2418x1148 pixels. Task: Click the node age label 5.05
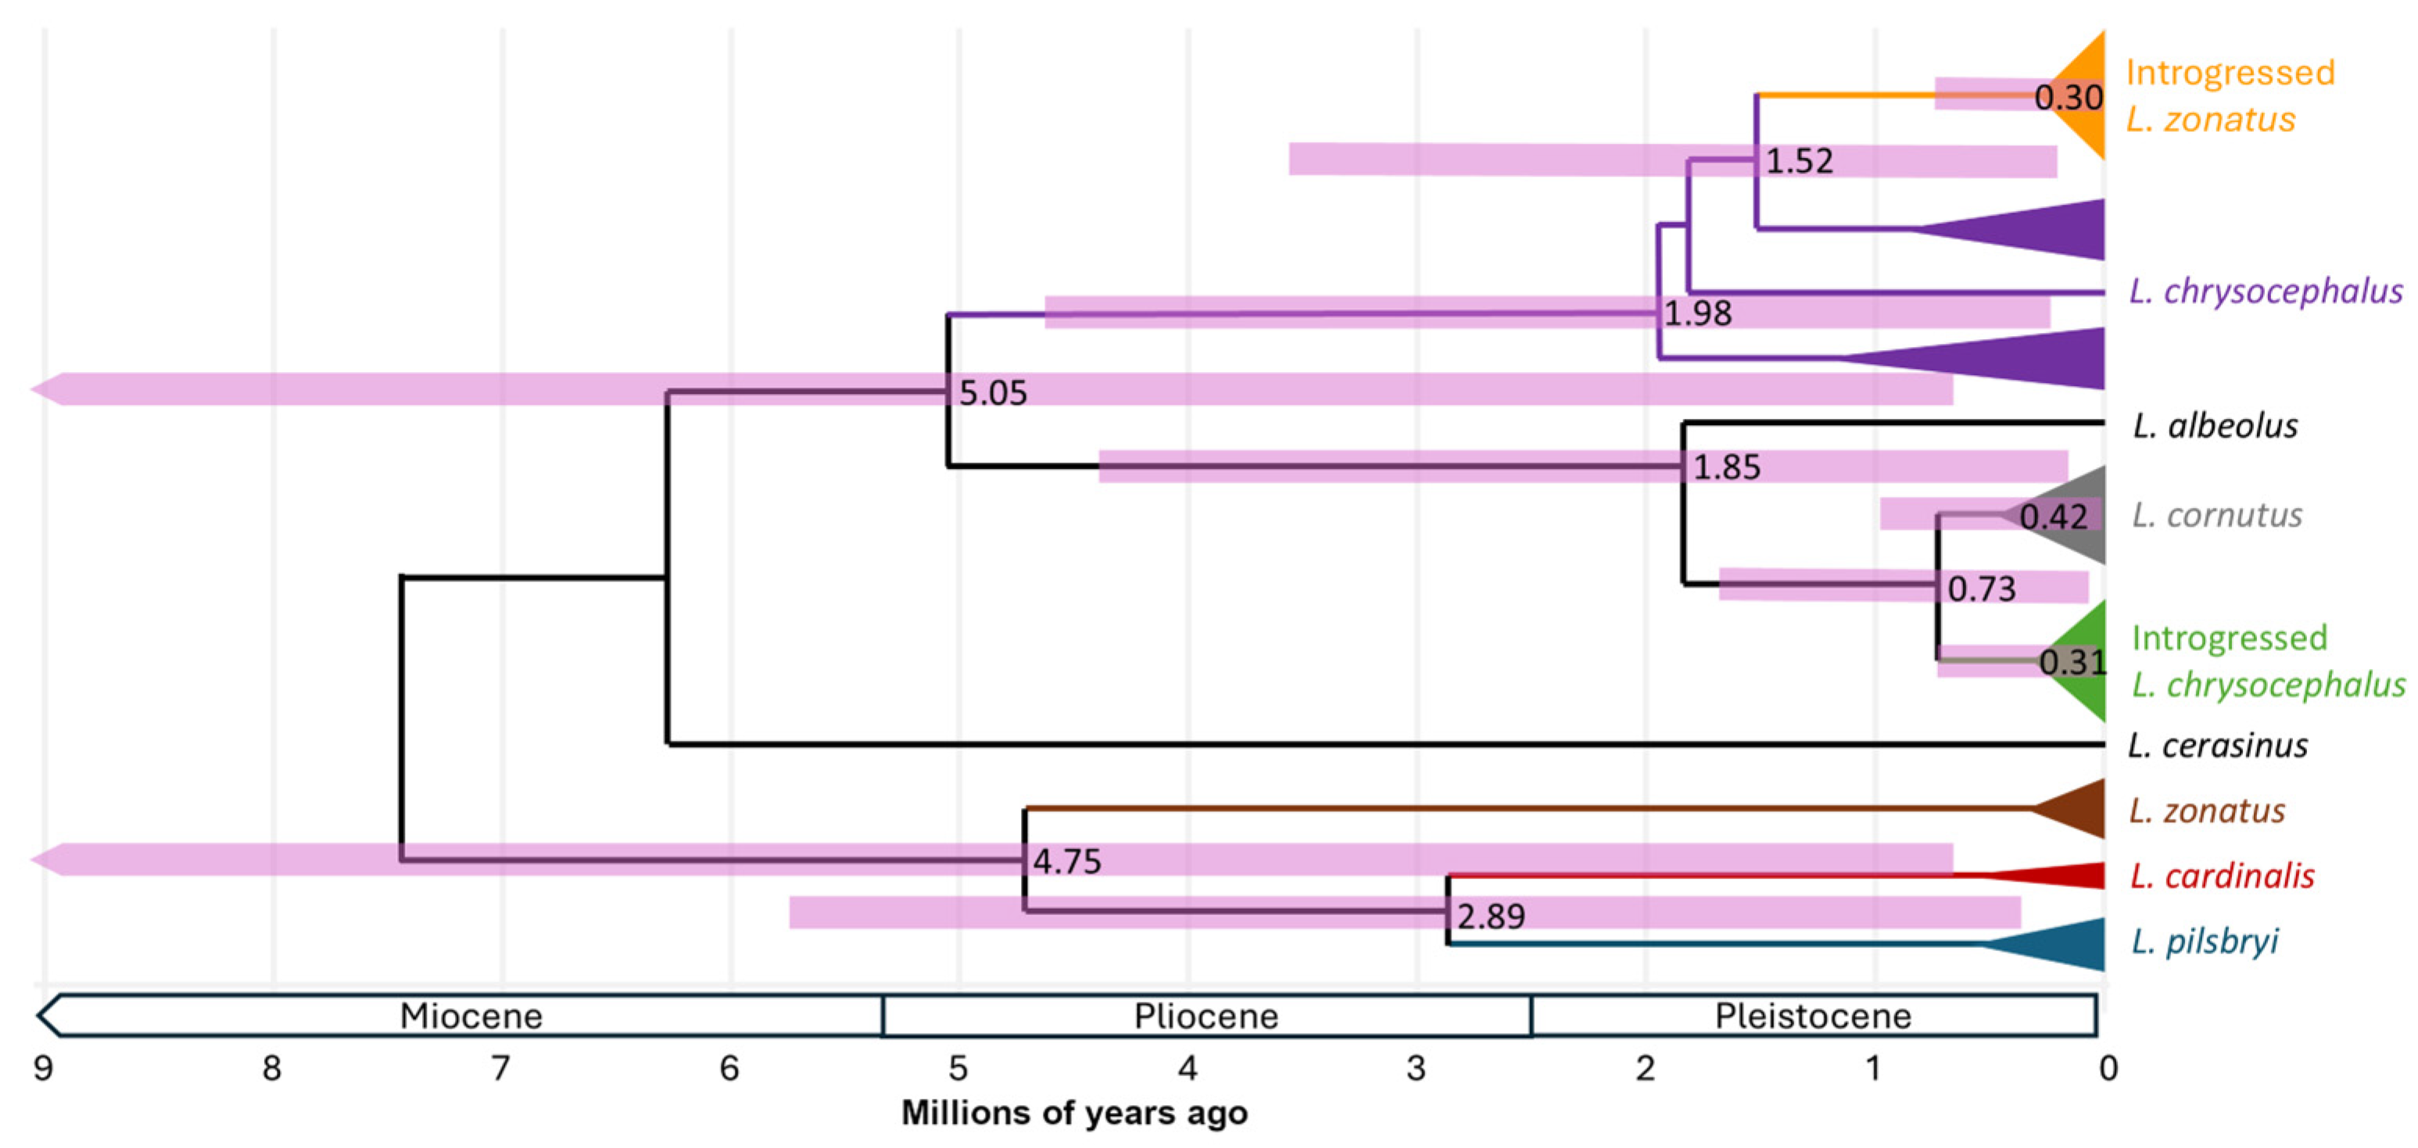click(x=992, y=392)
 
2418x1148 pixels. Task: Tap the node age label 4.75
click(x=1066, y=860)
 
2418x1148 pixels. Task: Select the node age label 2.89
click(x=1491, y=915)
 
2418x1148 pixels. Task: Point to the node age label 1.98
click(x=1697, y=313)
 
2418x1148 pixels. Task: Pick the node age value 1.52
click(x=1799, y=160)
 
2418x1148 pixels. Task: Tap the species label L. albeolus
click(x=2214, y=426)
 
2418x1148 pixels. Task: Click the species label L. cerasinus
click(x=2217, y=746)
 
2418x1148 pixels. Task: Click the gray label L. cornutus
click(x=2216, y=514)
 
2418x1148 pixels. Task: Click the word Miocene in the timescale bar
click(x=471, y=1016)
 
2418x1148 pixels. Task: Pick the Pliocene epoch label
click(x=1206, y=1016)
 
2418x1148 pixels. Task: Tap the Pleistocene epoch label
click(x=1813, y=1016)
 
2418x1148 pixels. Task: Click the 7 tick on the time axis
click(x=501, y=1068)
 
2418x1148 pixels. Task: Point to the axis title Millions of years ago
click(x=1074, y=1112)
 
